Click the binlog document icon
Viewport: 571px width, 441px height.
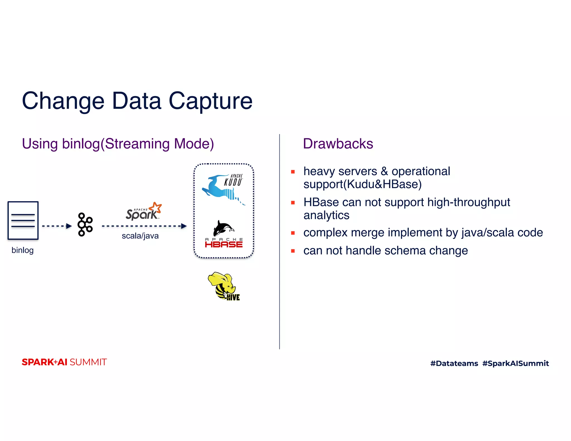tap(23, 220)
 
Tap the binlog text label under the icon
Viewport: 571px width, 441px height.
tap(23, 250)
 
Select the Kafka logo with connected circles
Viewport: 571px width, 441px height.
tap(85, 224)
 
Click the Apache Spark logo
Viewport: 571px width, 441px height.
tap(143, 212)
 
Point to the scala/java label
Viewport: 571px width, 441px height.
tap(140, 236)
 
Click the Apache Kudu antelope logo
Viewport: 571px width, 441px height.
tap(224, 188)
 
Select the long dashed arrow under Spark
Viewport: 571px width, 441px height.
tap(144, 226)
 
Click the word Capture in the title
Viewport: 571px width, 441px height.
tap(211, 101)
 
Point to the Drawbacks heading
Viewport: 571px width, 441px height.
tap(338, 144)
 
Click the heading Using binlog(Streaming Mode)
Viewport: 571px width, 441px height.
tap(118, 144)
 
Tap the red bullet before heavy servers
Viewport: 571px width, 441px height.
tap(293, 172)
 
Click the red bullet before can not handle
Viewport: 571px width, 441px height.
tap(293, 251)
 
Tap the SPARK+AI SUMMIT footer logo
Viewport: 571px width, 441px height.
tap(64, 362)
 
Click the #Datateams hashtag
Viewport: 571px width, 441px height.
tap(454, 363)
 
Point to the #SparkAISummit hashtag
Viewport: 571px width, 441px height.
tap(516, 363)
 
